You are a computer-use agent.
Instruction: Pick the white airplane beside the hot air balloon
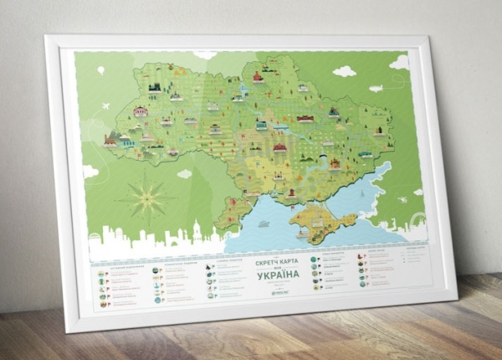[x=108, y=106]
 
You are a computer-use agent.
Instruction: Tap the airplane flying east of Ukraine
[x=376, y=87]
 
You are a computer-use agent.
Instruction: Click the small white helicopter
[x=401, y=199]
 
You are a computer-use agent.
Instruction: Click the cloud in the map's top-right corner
[x=400, y=62]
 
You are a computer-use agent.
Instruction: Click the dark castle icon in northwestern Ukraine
[x=154, y=87]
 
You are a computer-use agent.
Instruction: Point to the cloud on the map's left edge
[x=90, y=171]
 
